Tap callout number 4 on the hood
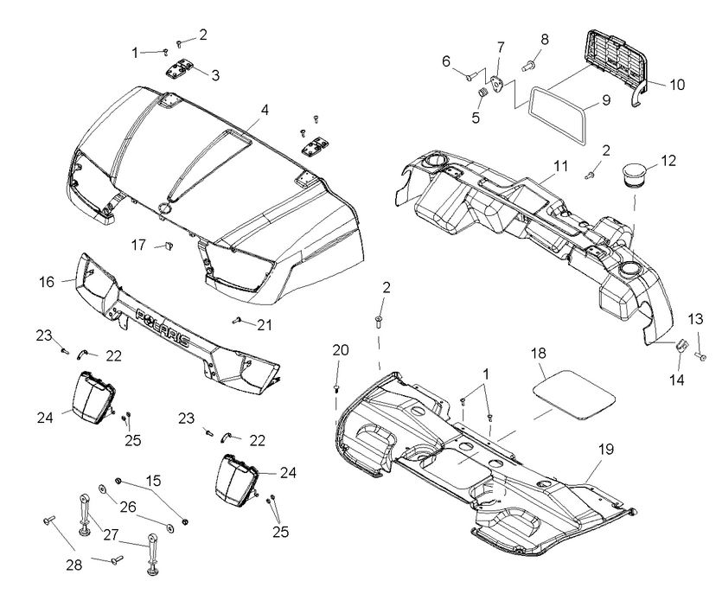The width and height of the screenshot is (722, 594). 265,110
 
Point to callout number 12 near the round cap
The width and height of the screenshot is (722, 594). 668,160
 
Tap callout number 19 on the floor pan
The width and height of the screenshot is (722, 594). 605,449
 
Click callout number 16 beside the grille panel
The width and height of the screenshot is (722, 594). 46,281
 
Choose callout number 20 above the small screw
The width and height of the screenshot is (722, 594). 341,349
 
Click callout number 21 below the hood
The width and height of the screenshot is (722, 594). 265,324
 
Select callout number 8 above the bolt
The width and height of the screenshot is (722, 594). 545,39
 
